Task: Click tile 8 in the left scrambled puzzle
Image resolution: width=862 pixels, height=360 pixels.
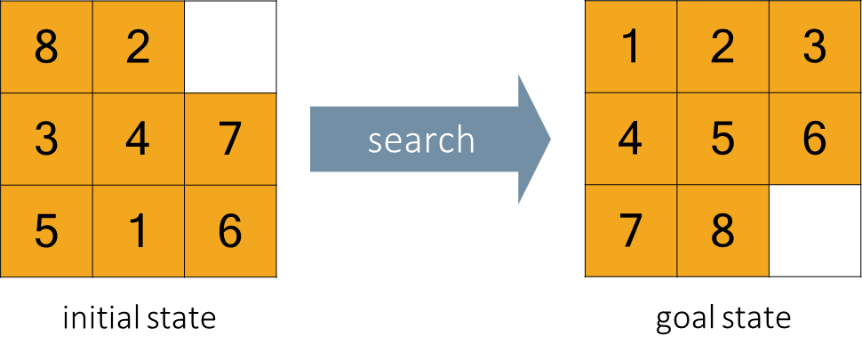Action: click(46, 47)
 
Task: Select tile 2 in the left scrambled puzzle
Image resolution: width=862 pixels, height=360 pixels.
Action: click(138, 47)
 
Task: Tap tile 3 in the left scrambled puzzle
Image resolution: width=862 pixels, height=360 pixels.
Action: click(46, 140)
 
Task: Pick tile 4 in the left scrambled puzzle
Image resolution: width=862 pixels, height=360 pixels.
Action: click(138, 140)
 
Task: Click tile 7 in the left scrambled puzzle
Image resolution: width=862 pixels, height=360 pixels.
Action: click(230, 140)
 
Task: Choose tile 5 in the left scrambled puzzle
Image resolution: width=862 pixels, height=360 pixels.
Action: click(46, 231)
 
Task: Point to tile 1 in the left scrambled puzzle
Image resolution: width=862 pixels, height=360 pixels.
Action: click(138, 231)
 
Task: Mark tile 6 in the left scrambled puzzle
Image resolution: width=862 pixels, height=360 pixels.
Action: click(230, 231)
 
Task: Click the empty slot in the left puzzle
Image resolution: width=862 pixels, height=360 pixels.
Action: click(230, 47)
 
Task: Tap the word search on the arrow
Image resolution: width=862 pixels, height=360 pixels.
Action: click(421, 140)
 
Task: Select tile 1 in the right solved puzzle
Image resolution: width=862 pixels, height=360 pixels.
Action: click(631, 47)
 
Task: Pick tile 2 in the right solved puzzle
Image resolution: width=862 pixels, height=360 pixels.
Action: click(722, 47)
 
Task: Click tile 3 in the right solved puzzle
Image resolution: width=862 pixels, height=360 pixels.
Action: click(814, 47)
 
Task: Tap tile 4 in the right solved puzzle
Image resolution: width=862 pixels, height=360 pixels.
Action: click(631, 140)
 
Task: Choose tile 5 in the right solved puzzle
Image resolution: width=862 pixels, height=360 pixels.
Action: click(722, 140)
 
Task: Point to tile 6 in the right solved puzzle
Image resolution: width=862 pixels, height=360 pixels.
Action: click(814, 140)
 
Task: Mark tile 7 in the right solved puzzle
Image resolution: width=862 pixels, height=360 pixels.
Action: click(631, 231)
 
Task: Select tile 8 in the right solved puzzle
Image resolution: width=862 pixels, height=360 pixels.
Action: click(722, 231)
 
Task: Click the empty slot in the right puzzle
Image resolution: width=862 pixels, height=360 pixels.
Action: click(814, 231)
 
